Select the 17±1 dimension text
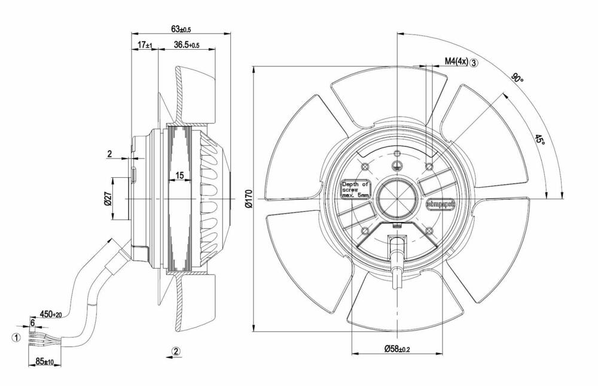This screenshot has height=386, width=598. (145, 45)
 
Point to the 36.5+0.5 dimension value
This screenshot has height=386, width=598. (187, 45)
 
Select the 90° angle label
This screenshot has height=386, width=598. (517, 78)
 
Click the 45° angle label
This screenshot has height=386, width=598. (539, 140)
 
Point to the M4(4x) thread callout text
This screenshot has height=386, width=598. (456, 61)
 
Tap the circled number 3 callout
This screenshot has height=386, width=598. (474, 62)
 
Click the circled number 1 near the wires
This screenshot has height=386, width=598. (16, 337)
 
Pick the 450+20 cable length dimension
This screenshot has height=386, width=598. (51, 314)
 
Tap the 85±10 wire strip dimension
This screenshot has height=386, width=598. (45, 361)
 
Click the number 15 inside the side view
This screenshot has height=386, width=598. (179, 175)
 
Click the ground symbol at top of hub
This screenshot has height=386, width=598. (395, 166)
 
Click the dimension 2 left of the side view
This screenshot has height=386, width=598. (109, 154)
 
